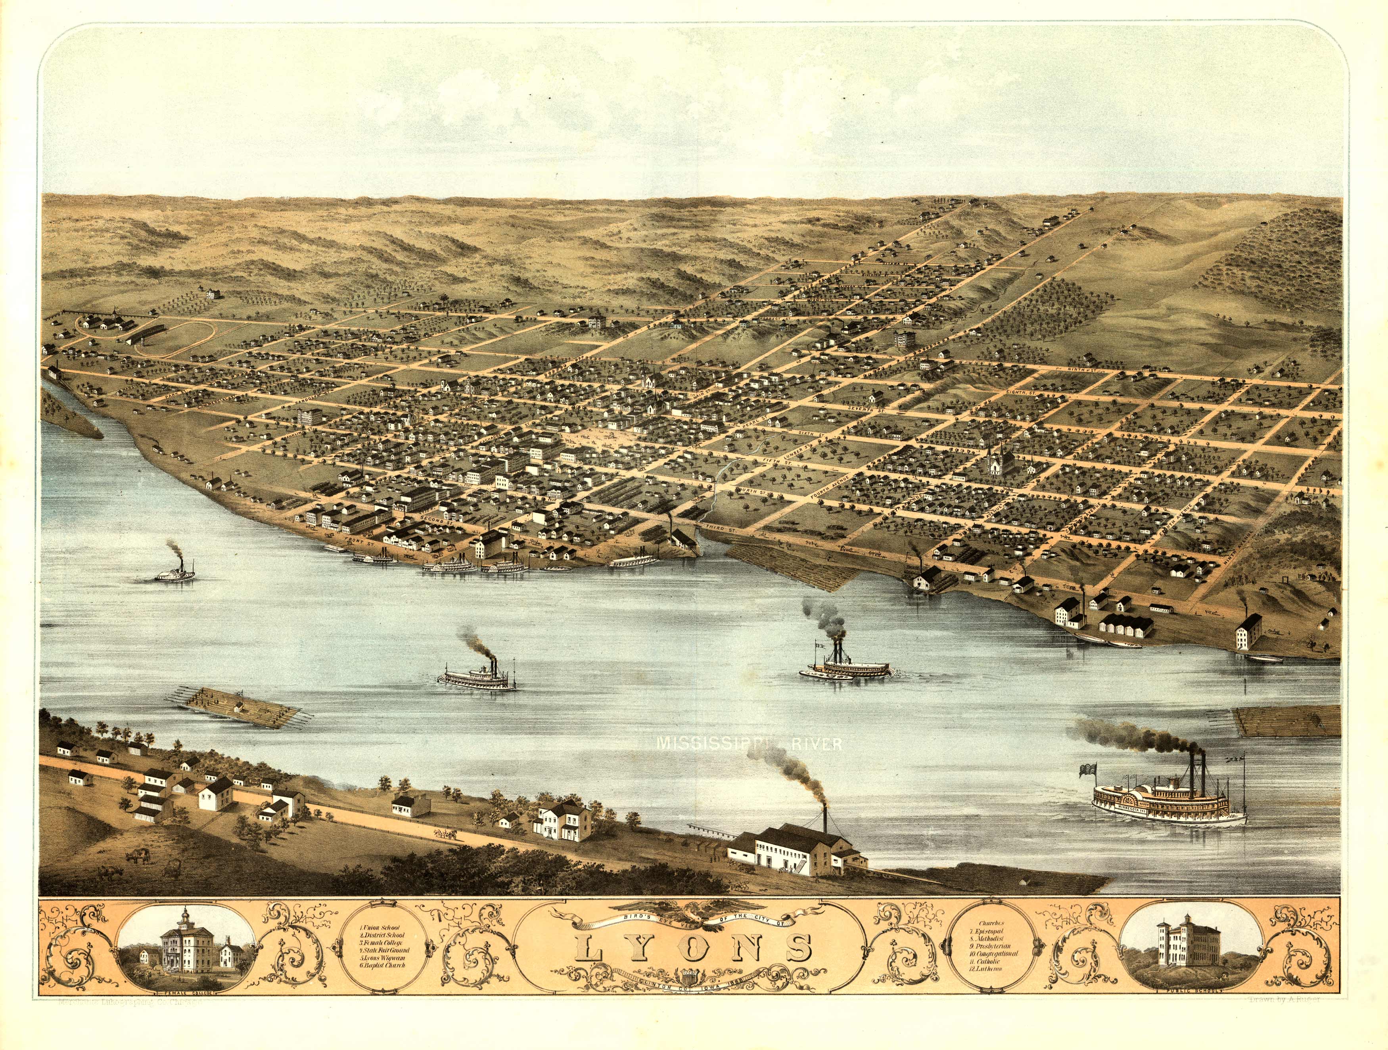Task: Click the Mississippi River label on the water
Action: (x=749, y=744)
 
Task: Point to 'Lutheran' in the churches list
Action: (x=985, y=969)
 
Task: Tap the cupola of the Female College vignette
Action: (x=186, y=917)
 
